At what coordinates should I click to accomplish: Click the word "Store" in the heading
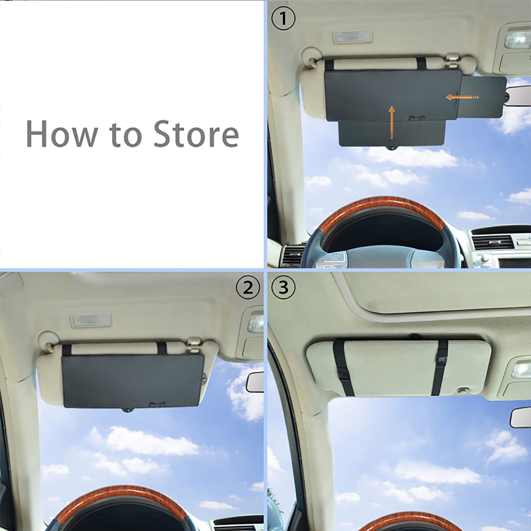pos(196,134)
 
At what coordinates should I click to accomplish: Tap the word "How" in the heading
pos(62,134)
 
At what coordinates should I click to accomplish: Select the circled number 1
pos(283,19)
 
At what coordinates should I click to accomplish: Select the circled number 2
pos(247,288)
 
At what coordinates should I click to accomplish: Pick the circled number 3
pos(283,288)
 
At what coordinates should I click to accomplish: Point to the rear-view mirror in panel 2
pos(255,382)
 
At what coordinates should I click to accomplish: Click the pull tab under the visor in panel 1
pos(392,148)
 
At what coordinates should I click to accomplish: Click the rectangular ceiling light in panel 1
pos(353,37)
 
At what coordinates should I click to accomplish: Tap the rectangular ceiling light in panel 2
pos(91,320)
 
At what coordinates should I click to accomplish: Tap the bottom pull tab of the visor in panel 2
pos(127,410)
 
